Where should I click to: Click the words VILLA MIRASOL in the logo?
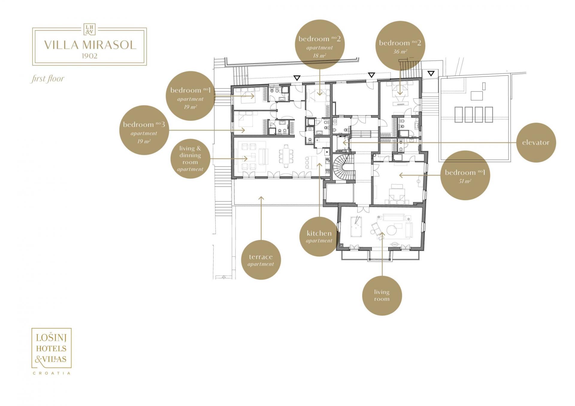click(90, 45)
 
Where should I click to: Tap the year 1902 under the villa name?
click(89, 56)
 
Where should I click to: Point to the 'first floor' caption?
click(47, 79)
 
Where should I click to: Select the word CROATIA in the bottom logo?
click(52, 373)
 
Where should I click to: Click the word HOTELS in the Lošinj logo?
click(51, 348)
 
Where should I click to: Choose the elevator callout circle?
click(536, 143)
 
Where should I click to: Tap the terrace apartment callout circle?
click(261, 260)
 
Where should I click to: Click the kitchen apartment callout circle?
click(319, 236)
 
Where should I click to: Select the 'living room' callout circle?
click(382, 296)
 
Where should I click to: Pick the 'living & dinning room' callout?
click(190, 159)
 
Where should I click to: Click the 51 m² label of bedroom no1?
click(465, 181)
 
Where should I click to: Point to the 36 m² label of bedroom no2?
click(400, 52)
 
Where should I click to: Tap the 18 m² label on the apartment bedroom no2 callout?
click(320, 56)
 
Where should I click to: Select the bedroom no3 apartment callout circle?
click(144, 130)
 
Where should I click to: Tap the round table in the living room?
click(391, 230)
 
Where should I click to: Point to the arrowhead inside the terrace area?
click(261, 198)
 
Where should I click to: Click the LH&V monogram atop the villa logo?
click(89, 30)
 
